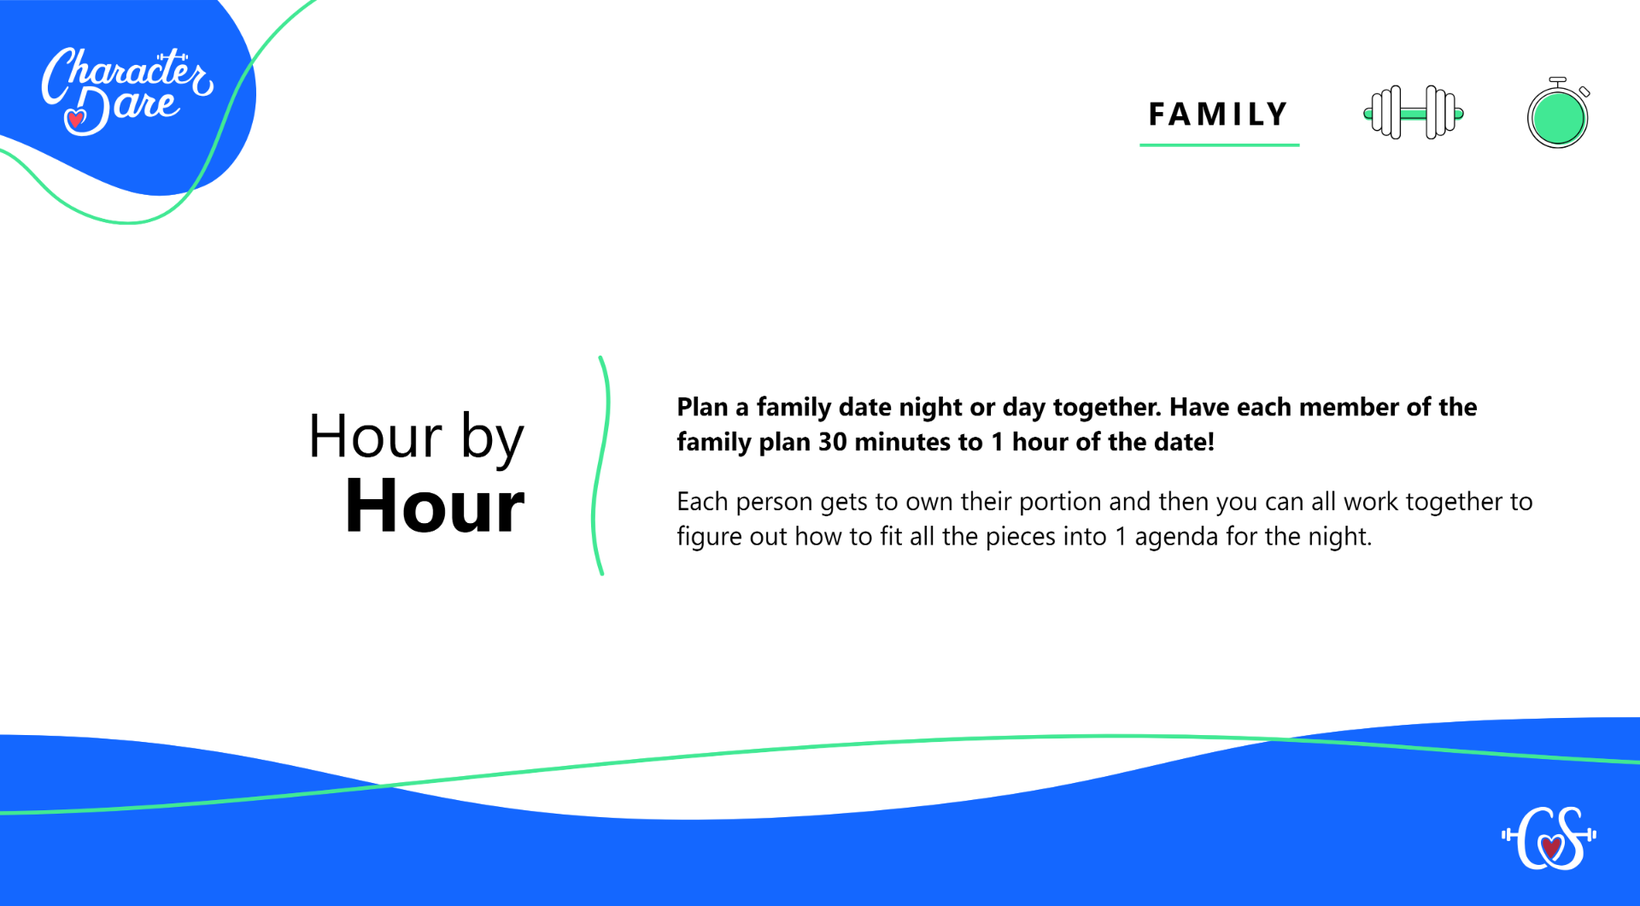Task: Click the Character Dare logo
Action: pos(127,91)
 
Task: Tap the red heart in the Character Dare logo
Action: pos(76,119)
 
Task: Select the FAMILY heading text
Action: pos(1218,114)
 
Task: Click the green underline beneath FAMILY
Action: pos(1219,144)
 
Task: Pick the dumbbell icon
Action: pos(1414,112)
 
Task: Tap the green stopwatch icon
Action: pos(1558,113)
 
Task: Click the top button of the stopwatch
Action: pos(1558,81)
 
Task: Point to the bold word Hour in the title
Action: pos(434,506)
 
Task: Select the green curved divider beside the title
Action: pos(599,466)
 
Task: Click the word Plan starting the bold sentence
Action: pos(702,407)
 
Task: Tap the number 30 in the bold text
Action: pos(833,442)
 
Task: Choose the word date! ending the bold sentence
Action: pos(1184,442)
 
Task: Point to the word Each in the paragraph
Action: pos(702,502)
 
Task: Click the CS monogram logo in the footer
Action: pos(1549,838)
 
